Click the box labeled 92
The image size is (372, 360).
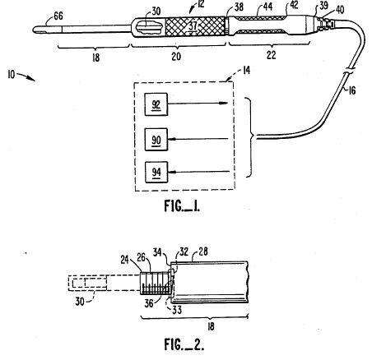[x=156, y=104]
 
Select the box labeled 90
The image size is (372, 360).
[x=156, y=139]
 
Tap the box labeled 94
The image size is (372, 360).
[x=156, y=172]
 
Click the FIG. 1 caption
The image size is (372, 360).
[x=182, y=205]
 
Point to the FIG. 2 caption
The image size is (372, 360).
[x=184, y=344]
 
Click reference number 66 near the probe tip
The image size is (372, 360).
[x=58, y=16]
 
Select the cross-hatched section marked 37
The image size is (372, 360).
[x=195, y=26]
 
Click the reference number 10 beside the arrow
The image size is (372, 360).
[x=12, y=74]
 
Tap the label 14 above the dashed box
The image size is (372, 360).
[x=246, y=71]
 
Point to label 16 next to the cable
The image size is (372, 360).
[x=352, y=90]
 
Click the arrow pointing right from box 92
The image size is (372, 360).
[x=198, y=104]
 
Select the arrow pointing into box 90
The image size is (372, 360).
[x=198, y=139]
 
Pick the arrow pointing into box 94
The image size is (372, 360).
[x=198, y=172]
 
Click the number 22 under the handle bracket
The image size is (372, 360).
[x=271, y=55]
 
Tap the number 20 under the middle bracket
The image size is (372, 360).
[x=176, y=56]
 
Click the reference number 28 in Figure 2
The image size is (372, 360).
[x=202, y=252]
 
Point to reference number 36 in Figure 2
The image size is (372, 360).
[x=149, y=303]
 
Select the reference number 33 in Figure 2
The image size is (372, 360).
[x=177, y=310]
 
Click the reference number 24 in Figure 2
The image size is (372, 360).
[x=125, y=259]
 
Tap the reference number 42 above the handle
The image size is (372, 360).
[x=294, y=5]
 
